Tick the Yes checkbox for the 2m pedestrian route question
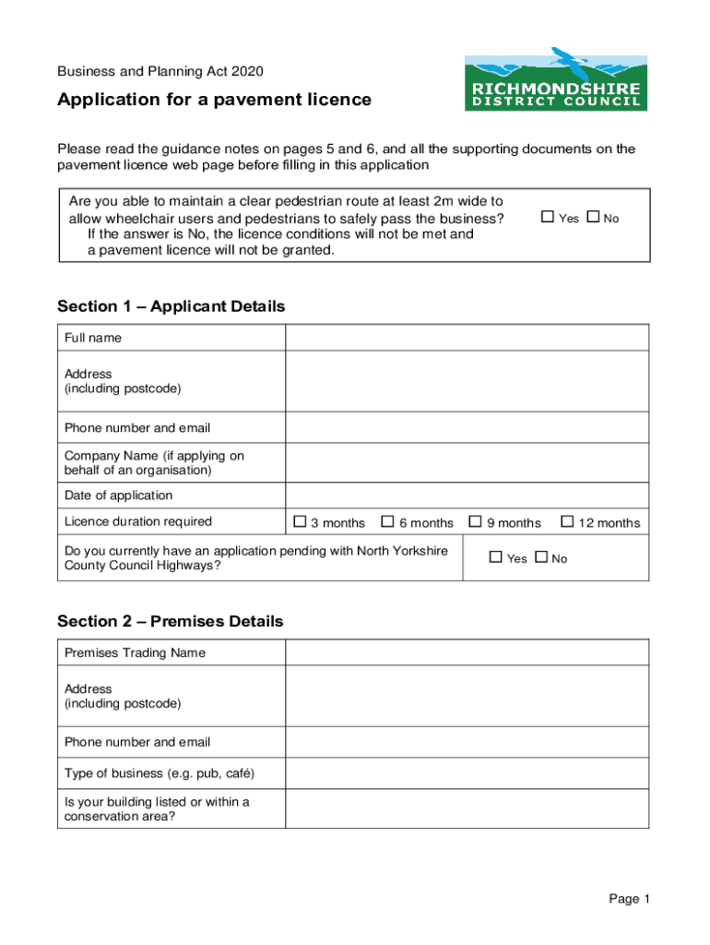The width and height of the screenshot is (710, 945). click(x=547, y=217)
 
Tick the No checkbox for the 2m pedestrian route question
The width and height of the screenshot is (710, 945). click(x=593, y=217)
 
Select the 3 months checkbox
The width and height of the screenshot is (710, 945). click(x=300, y=522)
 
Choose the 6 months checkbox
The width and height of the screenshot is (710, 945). click(x=387, y=522)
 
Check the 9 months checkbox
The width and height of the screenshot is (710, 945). click(x=475, y=522)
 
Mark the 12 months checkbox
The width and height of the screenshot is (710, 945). click(x=567, y=522)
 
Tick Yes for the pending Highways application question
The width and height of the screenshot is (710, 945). click(x=496, y=557)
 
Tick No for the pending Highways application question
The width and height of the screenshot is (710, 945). click(x=541, y=557)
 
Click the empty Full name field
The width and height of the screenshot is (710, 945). click(x=467, y=339)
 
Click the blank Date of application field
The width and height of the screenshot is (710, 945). click(x=467, y=496)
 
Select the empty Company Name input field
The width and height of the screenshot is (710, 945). click(x=467, y=463)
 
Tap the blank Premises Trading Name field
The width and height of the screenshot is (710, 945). click(x=467, y=653)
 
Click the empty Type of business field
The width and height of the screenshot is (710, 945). click(x=467, y=773)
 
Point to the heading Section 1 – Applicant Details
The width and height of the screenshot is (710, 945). click(x=171, y=306)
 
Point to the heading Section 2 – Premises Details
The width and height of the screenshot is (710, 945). click(x=170, y=621)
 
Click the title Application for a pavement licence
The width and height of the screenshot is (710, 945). click(x=214, y=100)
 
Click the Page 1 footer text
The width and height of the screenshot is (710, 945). click(x=629, y=899)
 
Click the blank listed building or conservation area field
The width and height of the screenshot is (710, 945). click(x=467, y=808)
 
